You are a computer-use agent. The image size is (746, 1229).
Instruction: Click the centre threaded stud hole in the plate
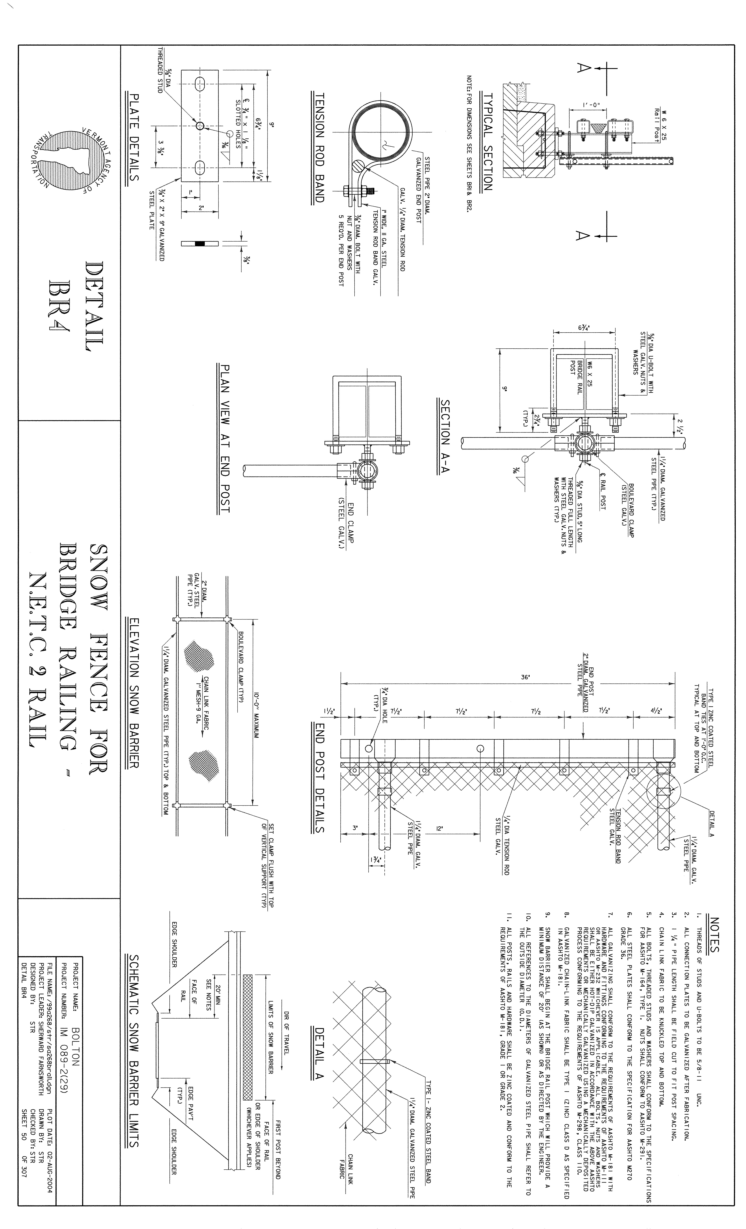pos(200,126)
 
